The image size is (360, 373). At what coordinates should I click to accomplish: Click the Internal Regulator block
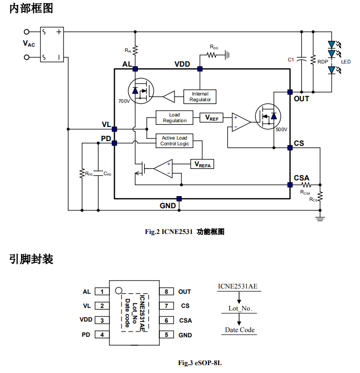(x=200, y=97)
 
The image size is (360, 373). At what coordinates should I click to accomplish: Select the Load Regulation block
(x=174, y=118)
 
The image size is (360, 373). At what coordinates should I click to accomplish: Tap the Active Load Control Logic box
(x=174, y=141)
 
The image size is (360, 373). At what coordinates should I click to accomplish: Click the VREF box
(x=212, y=118)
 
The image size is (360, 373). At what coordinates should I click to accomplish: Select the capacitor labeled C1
(x=301, y=60)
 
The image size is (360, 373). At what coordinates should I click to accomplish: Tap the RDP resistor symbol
(x=312, y=60)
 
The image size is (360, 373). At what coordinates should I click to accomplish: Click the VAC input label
(x=29, y=44)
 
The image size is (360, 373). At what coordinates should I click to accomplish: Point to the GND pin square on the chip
(x=179, y=199)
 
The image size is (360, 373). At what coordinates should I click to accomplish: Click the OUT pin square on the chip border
(x=290, y=92)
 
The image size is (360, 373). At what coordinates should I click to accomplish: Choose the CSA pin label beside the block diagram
(x=301, y=178)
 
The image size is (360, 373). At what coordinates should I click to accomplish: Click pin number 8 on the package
(x=166, y=292)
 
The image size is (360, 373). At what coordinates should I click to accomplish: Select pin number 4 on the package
(x=102, y=335)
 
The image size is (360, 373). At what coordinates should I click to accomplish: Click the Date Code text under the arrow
(x=239, y=330)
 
